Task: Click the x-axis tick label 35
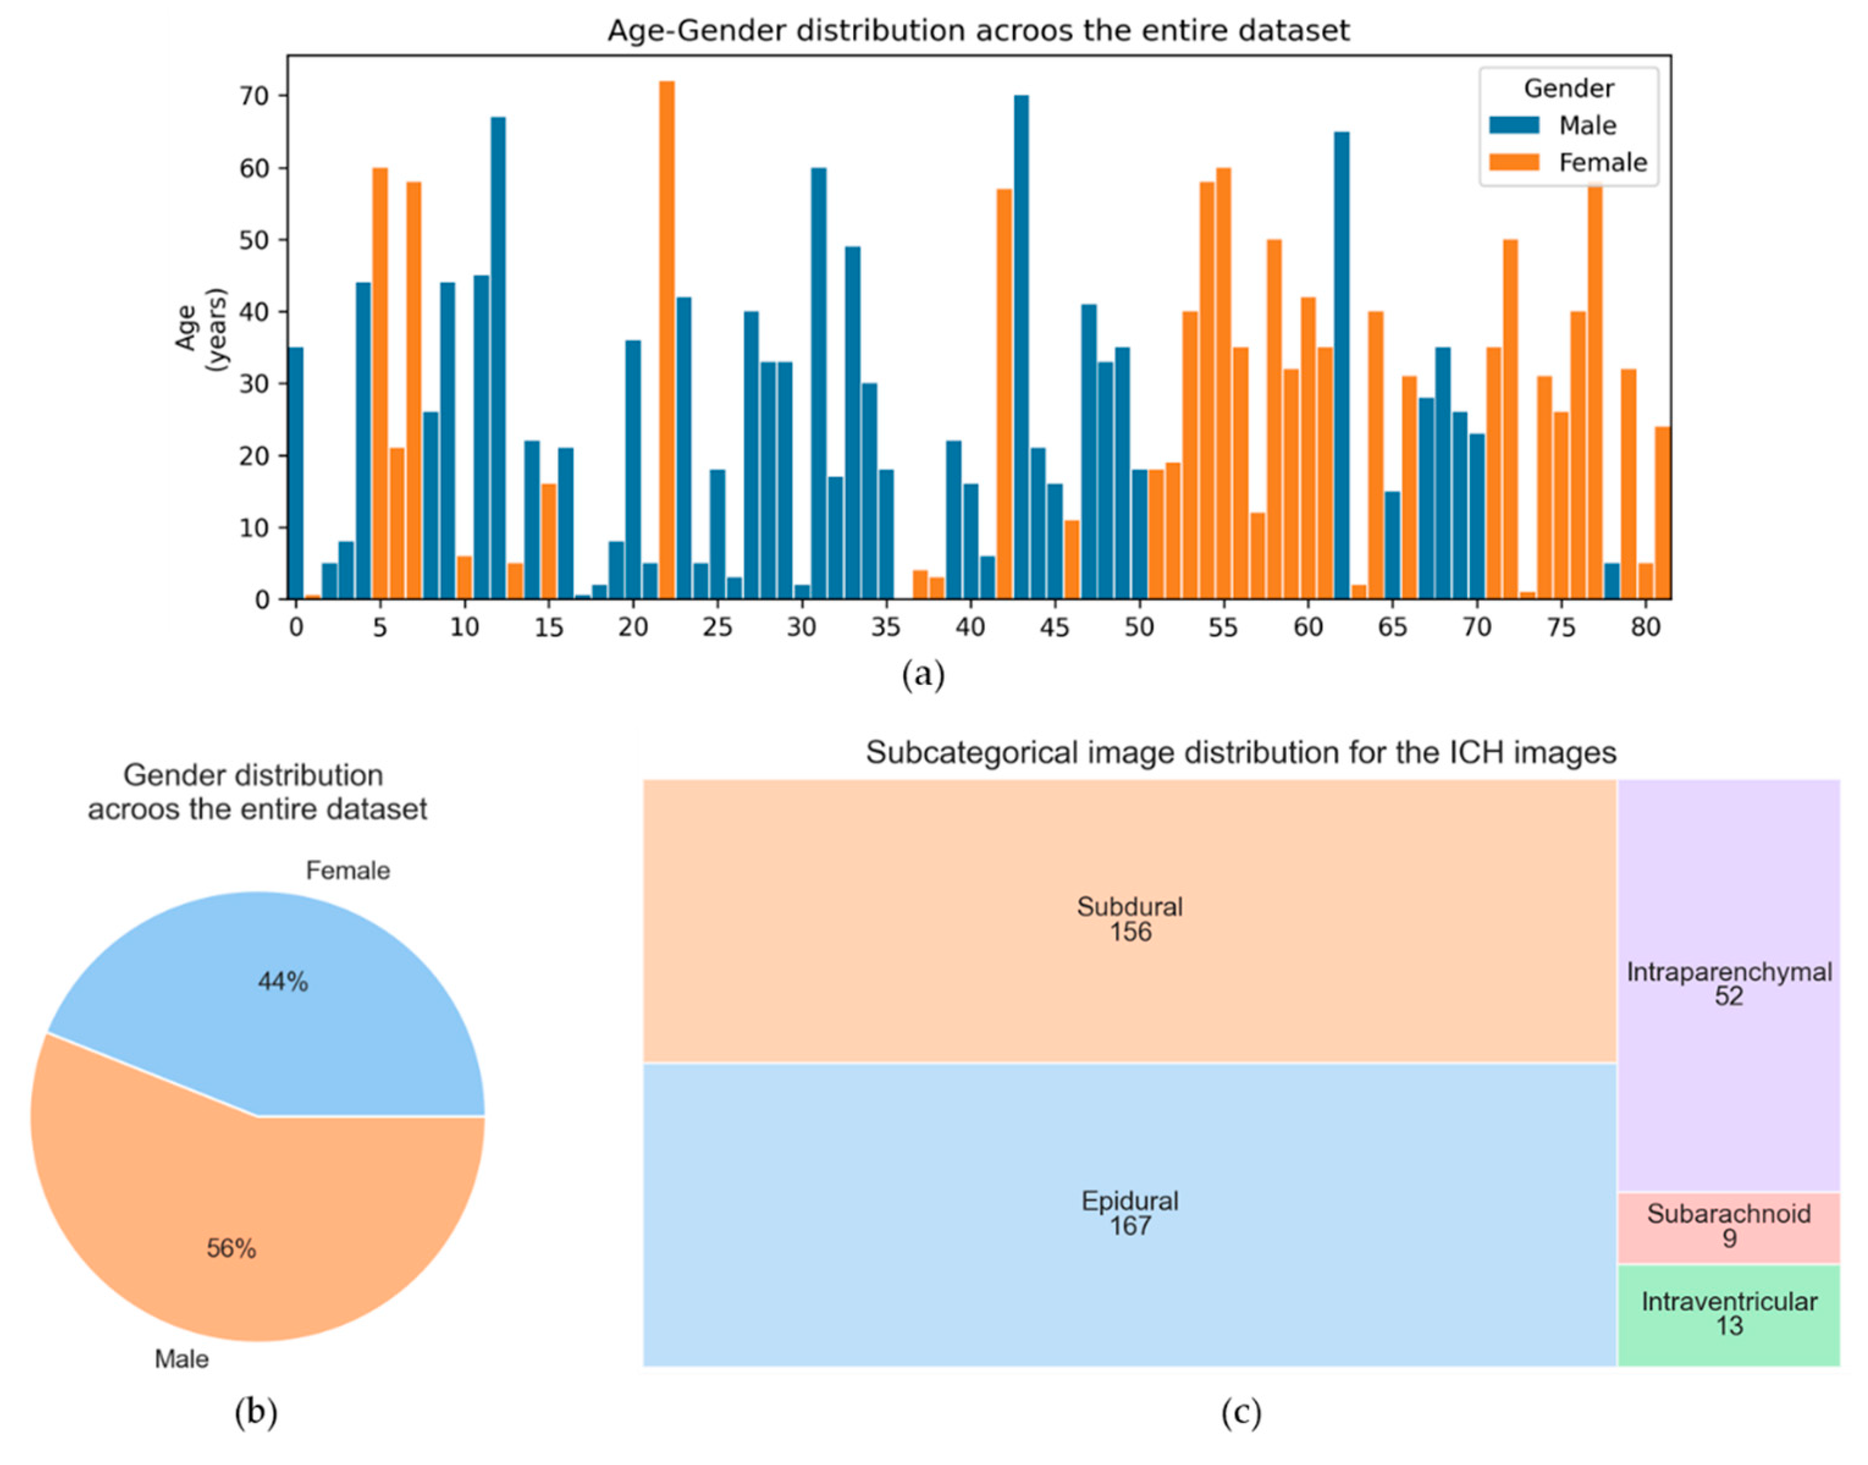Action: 885,627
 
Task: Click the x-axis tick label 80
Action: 1645,627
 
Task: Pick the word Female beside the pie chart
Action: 347,870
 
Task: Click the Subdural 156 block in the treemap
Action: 1129,919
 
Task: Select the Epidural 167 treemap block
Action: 1129,1213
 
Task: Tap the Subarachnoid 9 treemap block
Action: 1728,1226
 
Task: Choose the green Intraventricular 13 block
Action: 1728,1313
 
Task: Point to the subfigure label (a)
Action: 923,675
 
